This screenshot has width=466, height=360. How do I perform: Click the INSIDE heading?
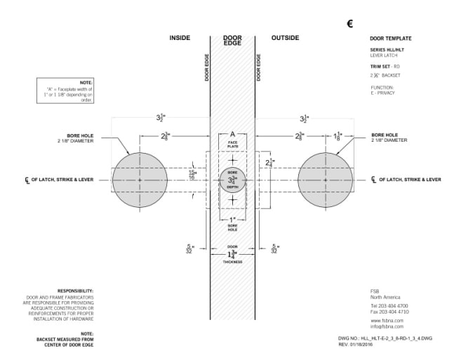click(180, 38)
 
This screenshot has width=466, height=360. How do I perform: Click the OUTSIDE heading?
click(285, 38)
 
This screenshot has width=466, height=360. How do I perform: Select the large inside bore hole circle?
click(140, 180)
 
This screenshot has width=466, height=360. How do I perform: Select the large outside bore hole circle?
click(326, 180)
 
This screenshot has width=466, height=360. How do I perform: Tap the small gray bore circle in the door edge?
click(232, 180)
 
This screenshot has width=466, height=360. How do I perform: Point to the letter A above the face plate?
click(232, 133)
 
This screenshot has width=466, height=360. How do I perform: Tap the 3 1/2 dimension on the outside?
click(304, 119)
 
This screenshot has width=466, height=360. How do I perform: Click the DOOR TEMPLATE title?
click(390, 39)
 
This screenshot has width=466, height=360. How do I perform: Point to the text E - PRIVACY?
click(384, 92)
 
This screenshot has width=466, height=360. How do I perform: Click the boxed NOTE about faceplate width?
click(65, 91)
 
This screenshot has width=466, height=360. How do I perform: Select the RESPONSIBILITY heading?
click(75, 290)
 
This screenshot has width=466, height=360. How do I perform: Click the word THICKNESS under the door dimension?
click(232, 261)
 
